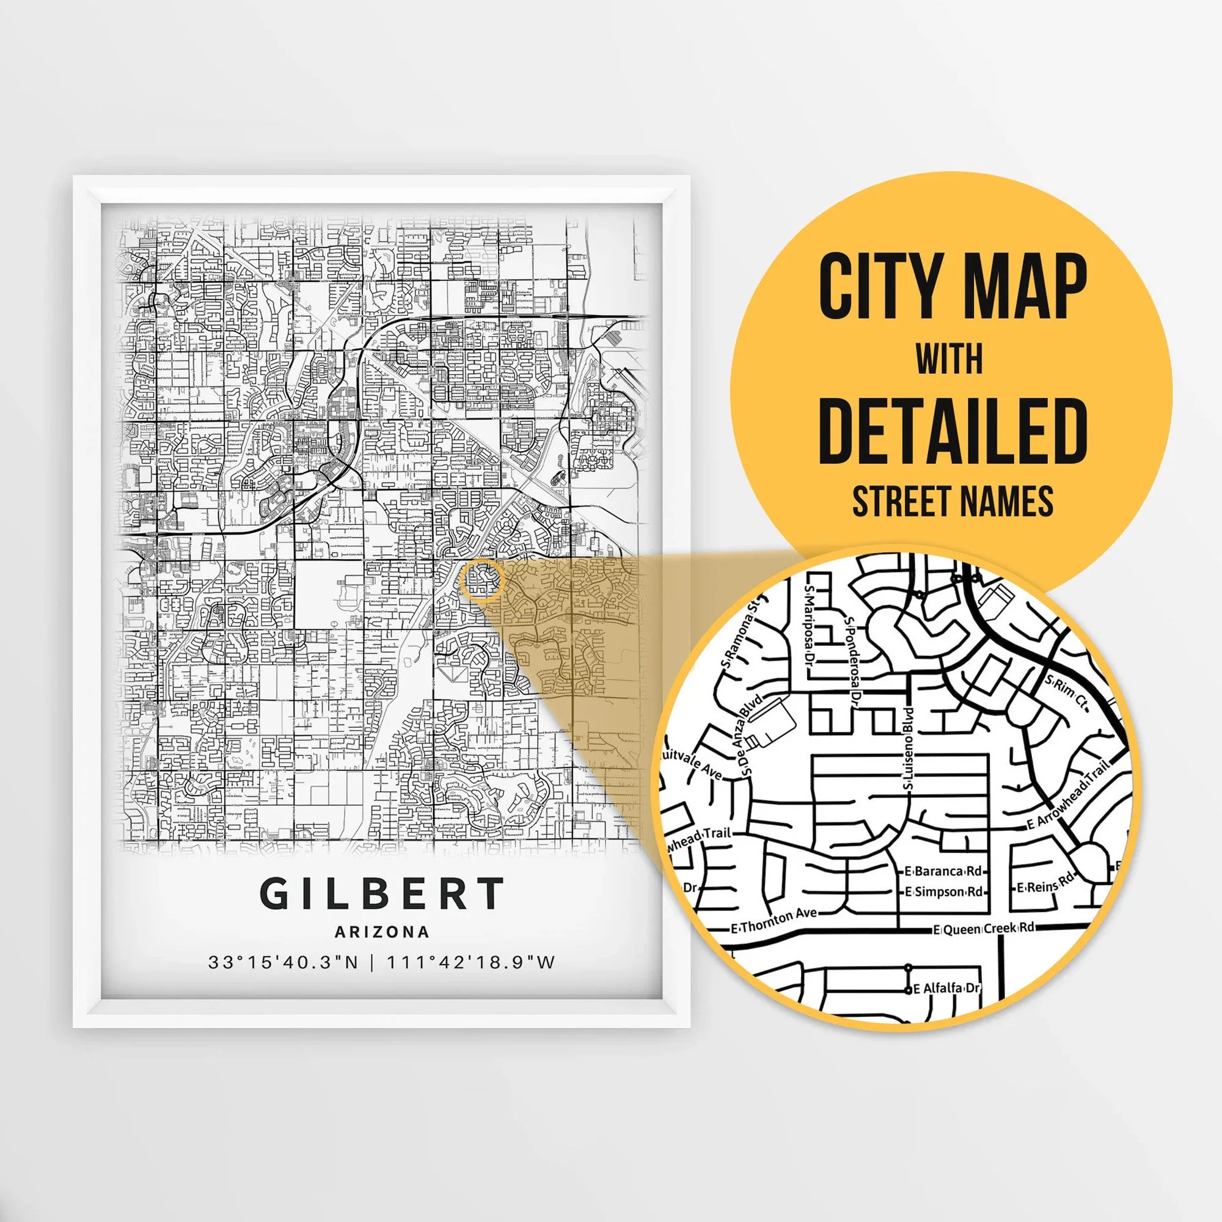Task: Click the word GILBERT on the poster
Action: (x=382, y=894)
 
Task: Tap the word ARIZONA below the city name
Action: (x=382, y=932)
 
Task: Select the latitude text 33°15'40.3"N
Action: (x=284, y=962)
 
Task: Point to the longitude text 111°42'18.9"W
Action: (x=470, y=962)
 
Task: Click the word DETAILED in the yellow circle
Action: (x=952, y=431)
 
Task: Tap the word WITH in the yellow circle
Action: (x=949, y=359)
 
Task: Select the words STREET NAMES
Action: (x=952, y=502)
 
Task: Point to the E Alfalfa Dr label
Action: (x=946, y=988)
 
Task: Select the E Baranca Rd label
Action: (x=943, y=871)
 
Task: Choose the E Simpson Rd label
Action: (x=944, y=892)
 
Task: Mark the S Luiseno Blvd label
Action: (x=909, y=748)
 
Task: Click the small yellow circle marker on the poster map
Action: (x=482, y=579)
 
